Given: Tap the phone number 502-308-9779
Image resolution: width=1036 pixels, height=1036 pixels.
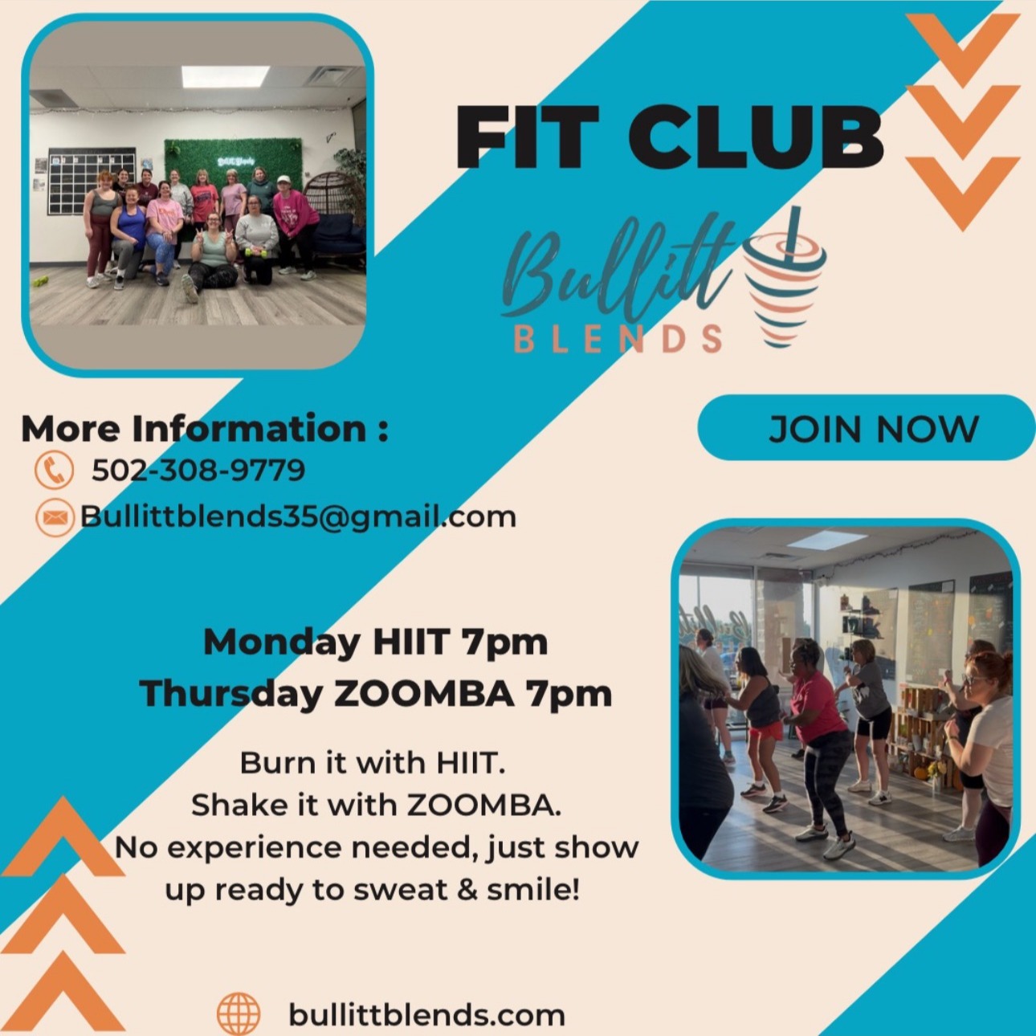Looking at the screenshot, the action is (198, 470).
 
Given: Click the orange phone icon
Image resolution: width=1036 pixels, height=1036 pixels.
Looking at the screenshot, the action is (54, 469).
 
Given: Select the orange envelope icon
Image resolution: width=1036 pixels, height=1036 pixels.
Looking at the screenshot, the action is (55, 517).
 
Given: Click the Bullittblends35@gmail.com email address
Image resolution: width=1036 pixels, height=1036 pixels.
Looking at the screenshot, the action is (299, 517).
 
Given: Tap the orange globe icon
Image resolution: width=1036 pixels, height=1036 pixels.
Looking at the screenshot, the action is (239, 1014).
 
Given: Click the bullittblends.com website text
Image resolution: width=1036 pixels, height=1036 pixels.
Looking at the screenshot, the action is (427, 1014).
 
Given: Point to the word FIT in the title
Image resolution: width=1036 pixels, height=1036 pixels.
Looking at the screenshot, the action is (527, 137).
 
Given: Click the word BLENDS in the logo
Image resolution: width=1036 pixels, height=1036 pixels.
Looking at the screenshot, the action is (618, 338).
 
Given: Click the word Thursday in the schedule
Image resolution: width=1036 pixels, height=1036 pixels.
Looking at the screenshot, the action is (232, 694).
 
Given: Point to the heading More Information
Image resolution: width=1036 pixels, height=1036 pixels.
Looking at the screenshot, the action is (204, 429).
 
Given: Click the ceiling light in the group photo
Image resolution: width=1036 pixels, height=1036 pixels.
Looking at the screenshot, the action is (225, 76).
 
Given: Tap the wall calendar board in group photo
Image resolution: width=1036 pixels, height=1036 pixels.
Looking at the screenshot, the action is (92, 180).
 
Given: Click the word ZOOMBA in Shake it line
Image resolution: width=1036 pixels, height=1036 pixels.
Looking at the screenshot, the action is (483, 805).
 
